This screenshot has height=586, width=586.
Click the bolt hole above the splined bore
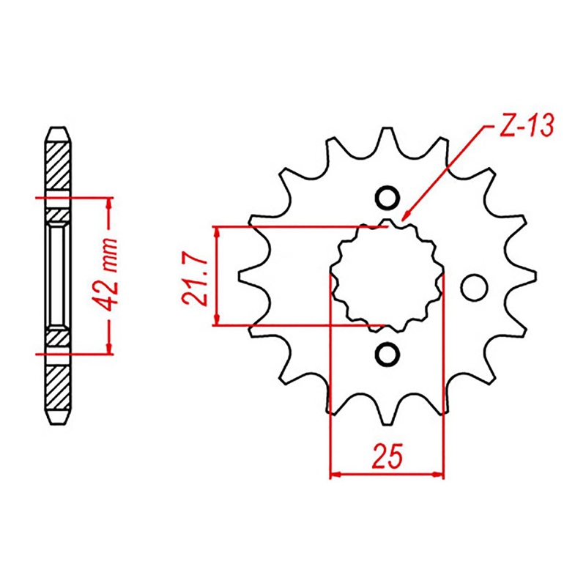[387, 198]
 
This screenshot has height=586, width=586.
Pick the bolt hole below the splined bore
[387, 354]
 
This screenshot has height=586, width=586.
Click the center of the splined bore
[387, 276]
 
